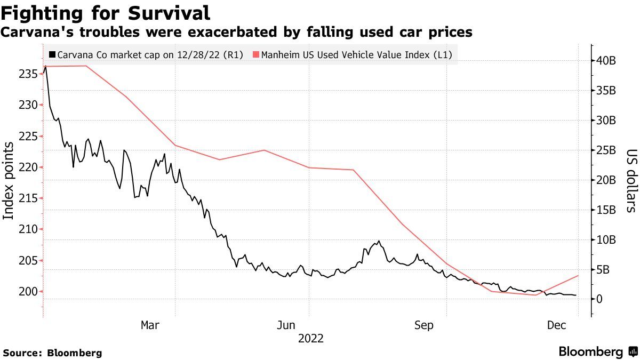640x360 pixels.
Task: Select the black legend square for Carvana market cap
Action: (52, 54)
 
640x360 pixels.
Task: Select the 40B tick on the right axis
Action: (607, 61)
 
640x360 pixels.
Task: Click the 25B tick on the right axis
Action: (607, 150)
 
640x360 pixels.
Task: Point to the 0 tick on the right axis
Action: (599, 299)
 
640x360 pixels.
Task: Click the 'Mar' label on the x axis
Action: (150, 325)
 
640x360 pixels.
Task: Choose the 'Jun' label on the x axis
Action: (286, 325)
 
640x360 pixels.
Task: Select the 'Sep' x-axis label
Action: (425, 325)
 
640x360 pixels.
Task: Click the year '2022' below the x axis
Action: (310, 338)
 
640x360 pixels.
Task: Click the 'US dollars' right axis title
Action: (630, 181)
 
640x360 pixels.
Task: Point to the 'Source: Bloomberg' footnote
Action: (52, 353)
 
